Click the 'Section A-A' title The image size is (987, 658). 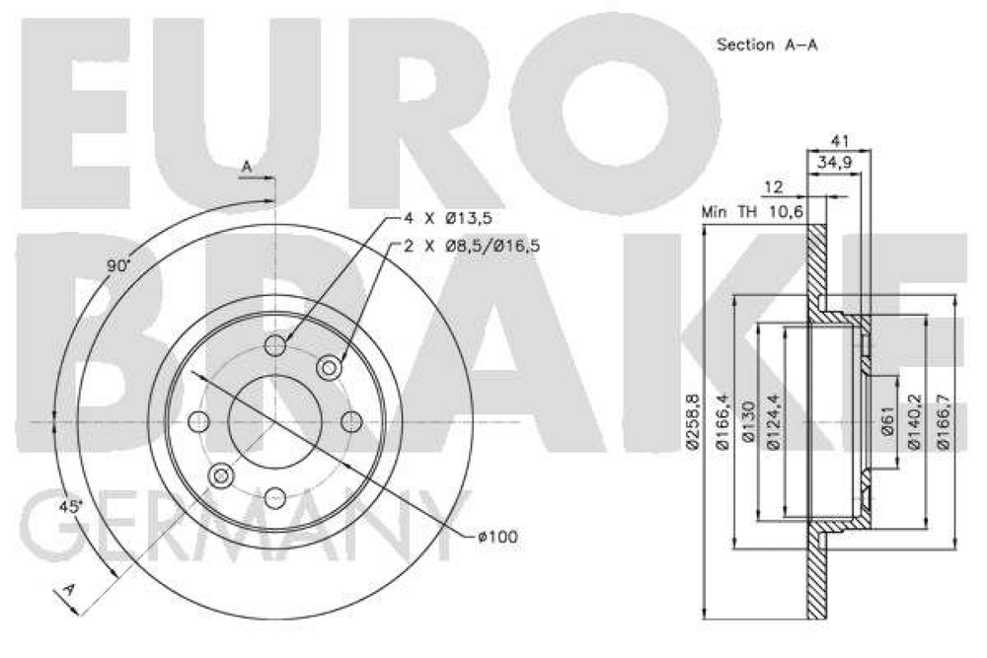click(767, 44)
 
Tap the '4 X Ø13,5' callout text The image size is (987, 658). click(447, 218)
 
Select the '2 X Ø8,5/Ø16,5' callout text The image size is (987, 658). click(472, 246)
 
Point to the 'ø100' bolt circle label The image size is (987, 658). click(497, 537)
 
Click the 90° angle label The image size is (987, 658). click(117, 265)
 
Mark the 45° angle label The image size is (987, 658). click(70, 506)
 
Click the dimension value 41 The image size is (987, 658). click(840, 140)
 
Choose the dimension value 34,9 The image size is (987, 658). click(834, 163)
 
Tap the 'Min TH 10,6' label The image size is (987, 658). click(753, 212)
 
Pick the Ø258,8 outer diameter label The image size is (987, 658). click(693, 421)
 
